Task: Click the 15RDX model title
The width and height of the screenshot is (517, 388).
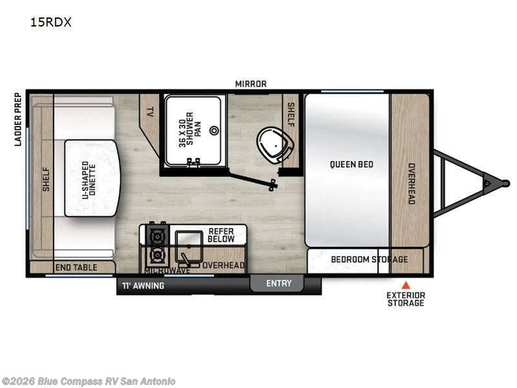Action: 50,22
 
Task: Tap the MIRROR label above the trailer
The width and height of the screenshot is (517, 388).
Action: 250,84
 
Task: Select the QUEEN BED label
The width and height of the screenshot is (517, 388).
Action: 352,164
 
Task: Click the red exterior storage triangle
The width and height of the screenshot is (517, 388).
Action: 406,285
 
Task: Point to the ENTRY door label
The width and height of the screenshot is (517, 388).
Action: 279,283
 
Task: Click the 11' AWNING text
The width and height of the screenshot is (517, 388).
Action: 143,285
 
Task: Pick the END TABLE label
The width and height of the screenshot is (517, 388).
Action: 76,267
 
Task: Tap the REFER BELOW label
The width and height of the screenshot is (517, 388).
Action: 220,235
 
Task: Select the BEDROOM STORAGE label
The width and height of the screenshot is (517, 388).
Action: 369,259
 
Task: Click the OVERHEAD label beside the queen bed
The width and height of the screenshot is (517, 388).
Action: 410,182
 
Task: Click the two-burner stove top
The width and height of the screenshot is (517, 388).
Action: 156,245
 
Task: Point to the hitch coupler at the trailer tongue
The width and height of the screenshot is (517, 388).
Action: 487,183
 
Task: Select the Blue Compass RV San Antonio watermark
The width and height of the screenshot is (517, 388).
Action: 89,381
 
